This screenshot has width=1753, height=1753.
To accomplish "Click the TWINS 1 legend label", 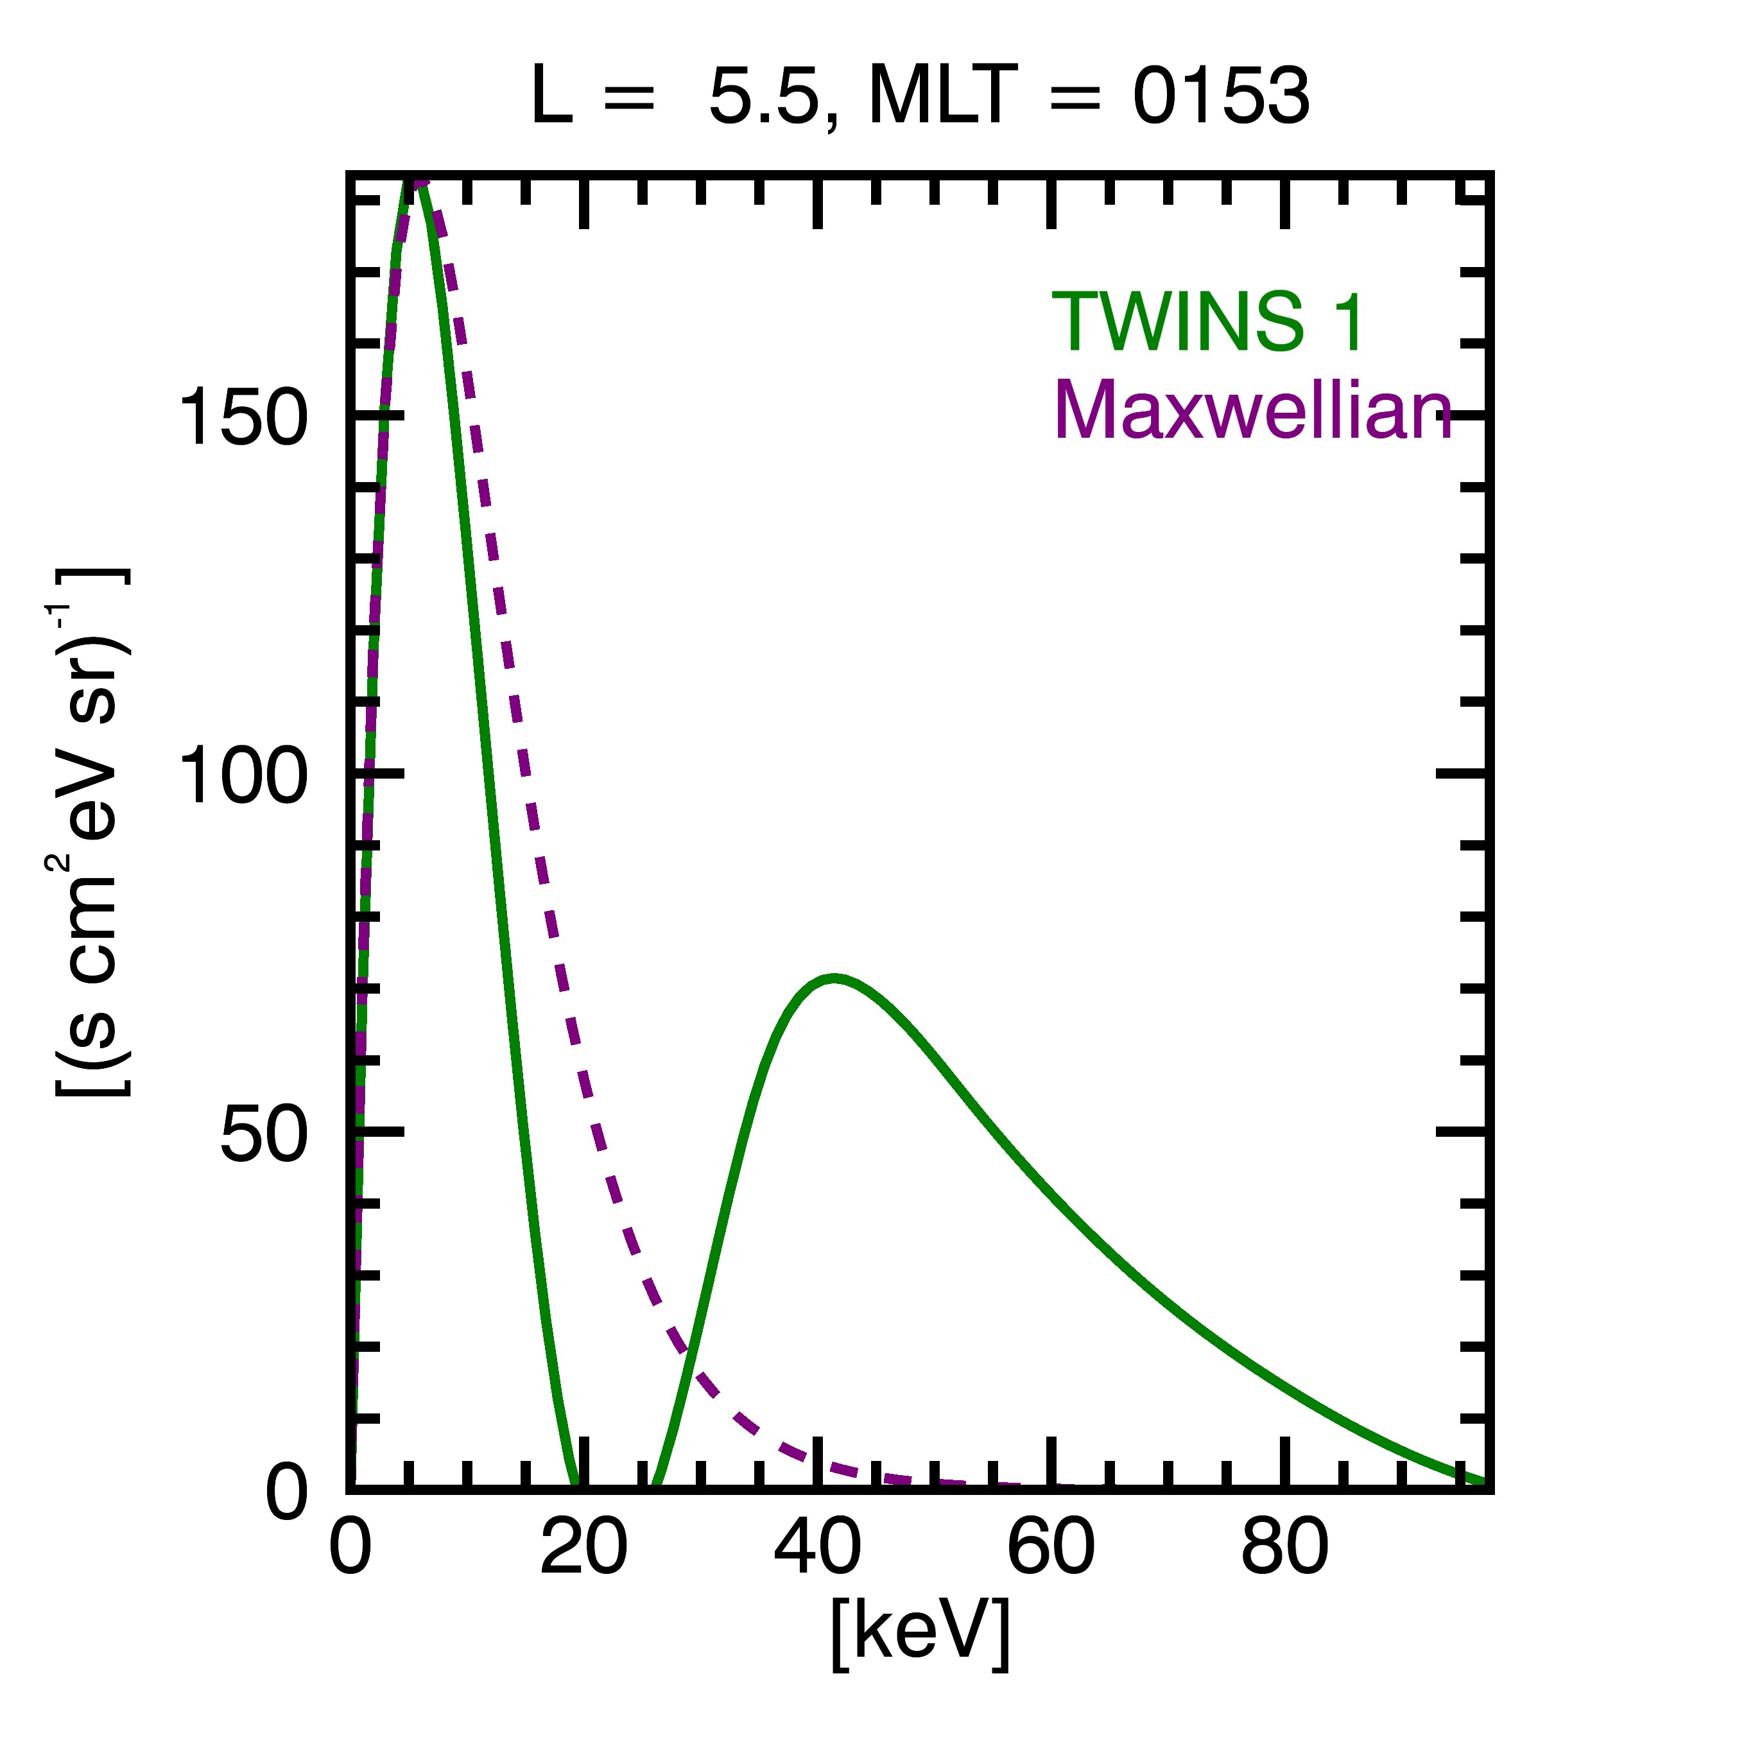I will click(x=1207, y=322).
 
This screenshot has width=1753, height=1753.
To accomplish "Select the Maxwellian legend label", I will click(x=1253, y=410).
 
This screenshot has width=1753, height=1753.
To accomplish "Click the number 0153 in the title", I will click(x=1220, y=96).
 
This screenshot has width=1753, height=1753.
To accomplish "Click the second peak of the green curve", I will click(x=833, y=979).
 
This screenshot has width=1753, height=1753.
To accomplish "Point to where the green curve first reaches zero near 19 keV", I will click(x=573, y=1485).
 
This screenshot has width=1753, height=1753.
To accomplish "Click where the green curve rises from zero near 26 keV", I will click(x=655, y=1485).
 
